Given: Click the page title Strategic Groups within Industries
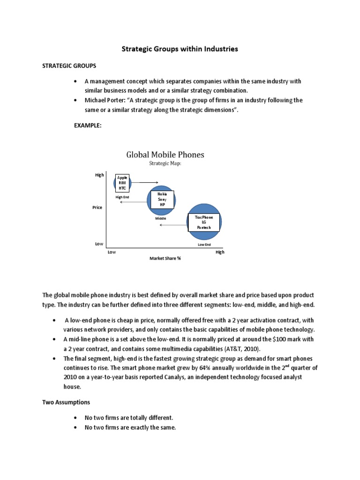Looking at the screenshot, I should pos(180,48).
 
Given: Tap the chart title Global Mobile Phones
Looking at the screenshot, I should pos(165,154).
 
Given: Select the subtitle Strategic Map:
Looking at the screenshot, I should pos(165,164).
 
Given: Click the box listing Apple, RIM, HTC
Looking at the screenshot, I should pos(122,183).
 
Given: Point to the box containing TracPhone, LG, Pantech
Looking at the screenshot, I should pos(204,222).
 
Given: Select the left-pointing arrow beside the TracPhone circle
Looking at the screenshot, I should pos(173,225).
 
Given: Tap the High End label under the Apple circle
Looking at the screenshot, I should pos(122,197).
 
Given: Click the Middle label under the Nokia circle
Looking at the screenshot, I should pos(161,218).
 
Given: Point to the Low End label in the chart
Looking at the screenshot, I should pos(204,245).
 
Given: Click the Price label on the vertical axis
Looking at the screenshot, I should pos(97,207).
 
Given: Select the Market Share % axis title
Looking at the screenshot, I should pos(165,258).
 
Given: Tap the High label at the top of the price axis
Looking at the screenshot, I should pos(99,175).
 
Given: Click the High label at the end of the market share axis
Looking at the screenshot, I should pos(220,252).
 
